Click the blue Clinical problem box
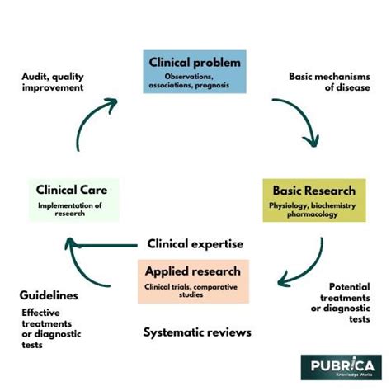(x=195, y=72)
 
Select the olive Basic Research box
(x=314, y=200)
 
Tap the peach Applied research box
(x=193, y=281)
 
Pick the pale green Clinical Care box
(x=74, y=200)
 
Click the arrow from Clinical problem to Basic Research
(x=304, y=115)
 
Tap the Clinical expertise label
(x=195, y=244)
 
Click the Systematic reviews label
(x=197, y=332)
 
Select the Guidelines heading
(x=49, y=295)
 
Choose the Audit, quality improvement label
(x=53, y=82)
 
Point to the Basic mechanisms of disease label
(x=329, y=82)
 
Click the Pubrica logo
(x=342, y=367)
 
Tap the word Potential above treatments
(x=350, y=287)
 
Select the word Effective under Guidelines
(x=40, y=313)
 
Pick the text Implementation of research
(x=70, y=210)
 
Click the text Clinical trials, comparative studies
(x=191, y=290)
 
